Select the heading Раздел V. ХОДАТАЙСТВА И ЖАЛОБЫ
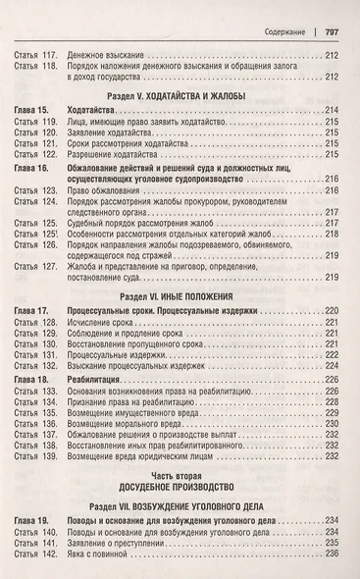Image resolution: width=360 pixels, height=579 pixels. (x=178, y=96)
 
